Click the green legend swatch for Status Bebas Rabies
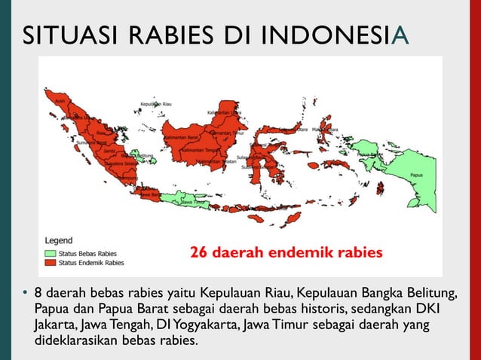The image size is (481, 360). (51, 254)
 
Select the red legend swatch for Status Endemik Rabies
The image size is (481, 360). (51, 264)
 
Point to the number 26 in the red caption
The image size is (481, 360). (198, 252)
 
